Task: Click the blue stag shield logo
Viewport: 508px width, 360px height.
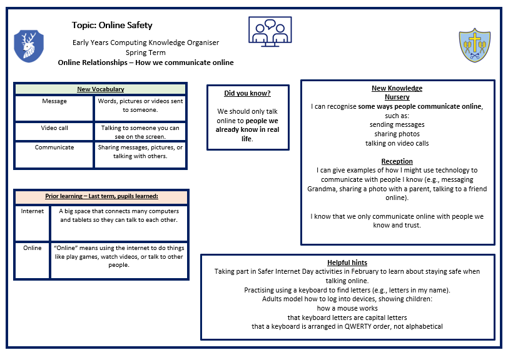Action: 28,46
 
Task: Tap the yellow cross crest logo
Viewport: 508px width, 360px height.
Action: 475,45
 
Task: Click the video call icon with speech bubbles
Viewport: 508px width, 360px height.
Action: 270,32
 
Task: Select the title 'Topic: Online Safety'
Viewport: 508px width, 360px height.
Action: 112,26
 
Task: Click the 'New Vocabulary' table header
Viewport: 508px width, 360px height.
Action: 100,89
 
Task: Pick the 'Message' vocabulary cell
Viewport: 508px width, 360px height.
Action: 54,101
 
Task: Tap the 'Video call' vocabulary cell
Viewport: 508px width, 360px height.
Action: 54,128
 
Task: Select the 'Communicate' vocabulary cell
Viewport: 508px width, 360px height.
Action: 54,147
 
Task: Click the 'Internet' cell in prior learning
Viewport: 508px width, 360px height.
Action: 33,211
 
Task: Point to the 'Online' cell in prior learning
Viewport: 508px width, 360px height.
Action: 33,248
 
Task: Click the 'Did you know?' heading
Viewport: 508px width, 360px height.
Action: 248,93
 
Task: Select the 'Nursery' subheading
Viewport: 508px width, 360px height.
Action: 397,97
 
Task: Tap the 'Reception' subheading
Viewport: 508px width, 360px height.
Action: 397,161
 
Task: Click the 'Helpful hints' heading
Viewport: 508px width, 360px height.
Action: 347,262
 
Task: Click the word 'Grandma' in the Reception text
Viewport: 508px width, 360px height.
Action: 323,189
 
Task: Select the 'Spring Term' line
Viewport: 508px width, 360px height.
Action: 145,52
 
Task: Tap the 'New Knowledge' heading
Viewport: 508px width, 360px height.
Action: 397,88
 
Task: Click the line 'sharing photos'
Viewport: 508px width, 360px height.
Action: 397,134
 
